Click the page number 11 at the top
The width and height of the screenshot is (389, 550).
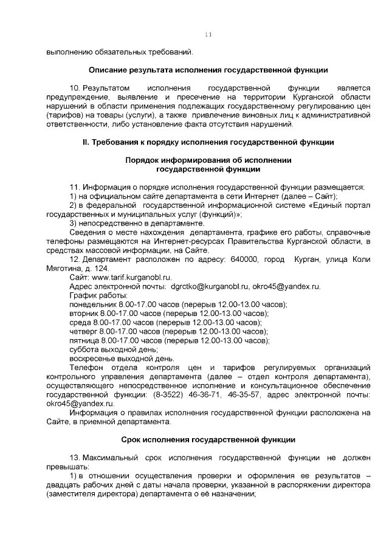(x=208, y=35)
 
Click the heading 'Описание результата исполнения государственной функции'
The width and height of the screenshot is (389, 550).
(x=208, y=70)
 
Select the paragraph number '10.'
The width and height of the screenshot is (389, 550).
(x=76, y=89)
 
